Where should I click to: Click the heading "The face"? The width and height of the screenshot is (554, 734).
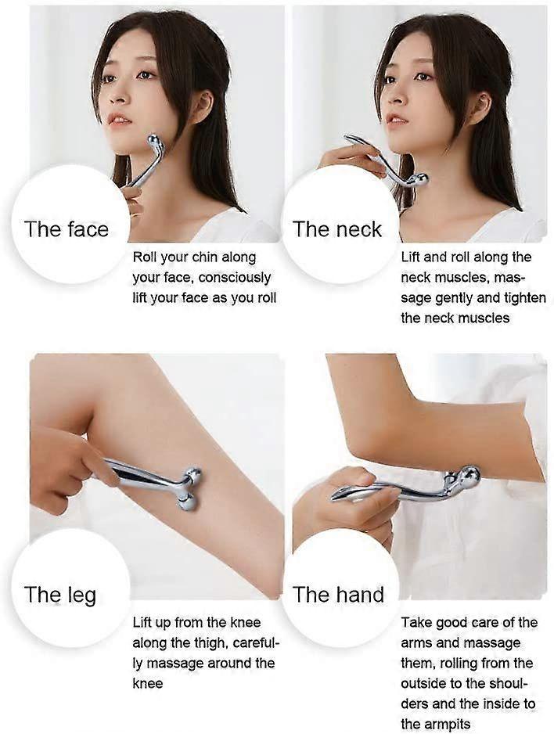coord(67,229)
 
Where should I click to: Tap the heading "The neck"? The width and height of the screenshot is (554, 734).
coord(337,229)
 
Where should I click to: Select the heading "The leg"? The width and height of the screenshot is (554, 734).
coord(60,595)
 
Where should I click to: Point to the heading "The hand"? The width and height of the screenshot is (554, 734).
coord(338,595)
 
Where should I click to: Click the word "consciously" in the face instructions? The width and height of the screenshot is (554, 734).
coord(234,278)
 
